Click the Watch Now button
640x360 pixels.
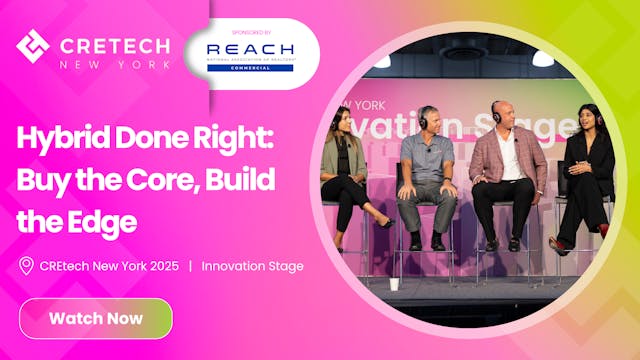tap(96, 319)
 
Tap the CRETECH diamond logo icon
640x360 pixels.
tap(33, 45)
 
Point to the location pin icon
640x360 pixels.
tap(27, 265)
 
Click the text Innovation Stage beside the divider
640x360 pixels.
tap(252, 265)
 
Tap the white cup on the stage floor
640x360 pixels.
tap(395, 284)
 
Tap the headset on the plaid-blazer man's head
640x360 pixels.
tap(498, 108)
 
